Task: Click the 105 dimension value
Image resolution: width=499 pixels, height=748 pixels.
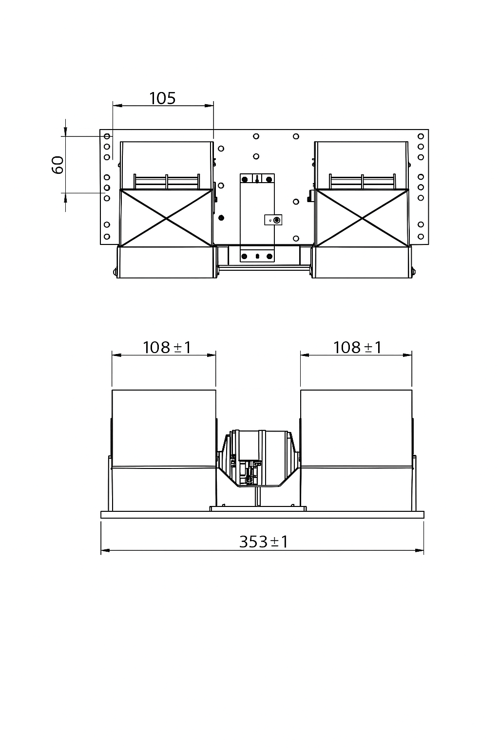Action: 162,98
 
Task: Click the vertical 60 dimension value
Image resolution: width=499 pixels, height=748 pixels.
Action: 58,165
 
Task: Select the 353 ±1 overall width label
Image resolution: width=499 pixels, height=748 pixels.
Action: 263,542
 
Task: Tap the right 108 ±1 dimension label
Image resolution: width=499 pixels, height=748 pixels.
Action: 357,347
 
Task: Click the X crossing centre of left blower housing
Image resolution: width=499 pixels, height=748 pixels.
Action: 166,218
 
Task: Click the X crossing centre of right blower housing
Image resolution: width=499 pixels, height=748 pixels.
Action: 362,218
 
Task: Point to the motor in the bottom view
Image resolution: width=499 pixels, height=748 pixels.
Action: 258,458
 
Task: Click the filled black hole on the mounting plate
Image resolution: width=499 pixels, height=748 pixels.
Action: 221,217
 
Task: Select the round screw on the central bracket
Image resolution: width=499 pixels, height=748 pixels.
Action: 277,220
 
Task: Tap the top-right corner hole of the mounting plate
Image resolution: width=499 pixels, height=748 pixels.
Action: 421,136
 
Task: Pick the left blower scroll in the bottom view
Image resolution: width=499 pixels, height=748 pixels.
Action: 163,448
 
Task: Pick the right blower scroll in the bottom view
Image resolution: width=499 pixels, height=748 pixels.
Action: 356,448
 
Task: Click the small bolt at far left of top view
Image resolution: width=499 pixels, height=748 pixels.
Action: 115,272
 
